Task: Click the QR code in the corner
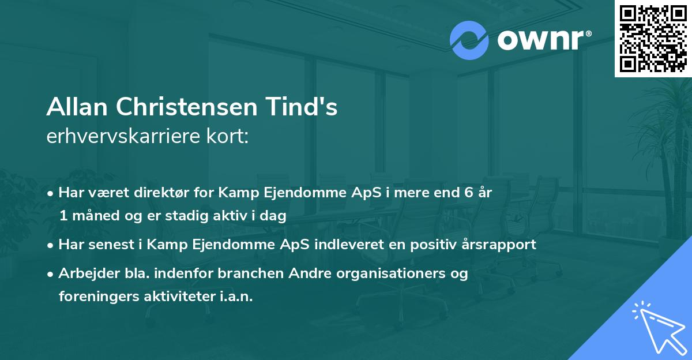tap(653, 38)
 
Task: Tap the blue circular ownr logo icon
tap(469, 40)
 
